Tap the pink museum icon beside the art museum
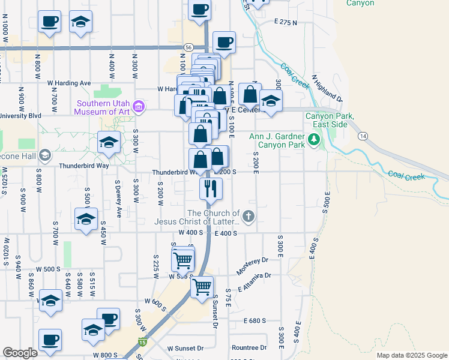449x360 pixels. [139, 107]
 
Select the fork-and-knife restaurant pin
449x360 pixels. [211, 189]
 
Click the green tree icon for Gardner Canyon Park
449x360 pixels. [313, 140]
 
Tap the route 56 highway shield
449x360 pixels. [188, 47]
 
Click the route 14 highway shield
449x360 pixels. [364, 137]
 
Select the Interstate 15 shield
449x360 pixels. [142, 342]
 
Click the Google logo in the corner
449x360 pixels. [20, 353]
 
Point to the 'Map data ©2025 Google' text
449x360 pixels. [411, 355]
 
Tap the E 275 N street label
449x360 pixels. [286, 22]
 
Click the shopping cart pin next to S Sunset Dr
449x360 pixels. [202, 287]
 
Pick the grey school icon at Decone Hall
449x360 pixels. [44, 156]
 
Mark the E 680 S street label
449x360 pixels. [255, 321]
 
